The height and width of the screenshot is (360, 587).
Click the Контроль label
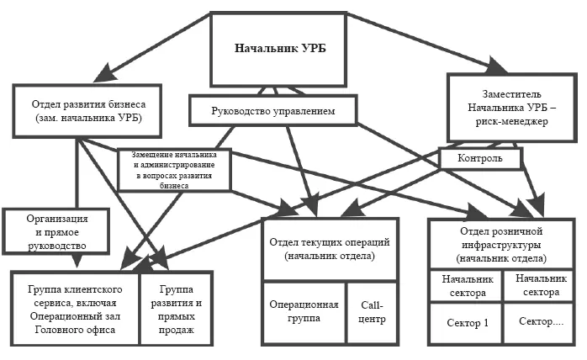pos(480,157)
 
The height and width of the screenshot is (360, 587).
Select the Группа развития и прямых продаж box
pos(177,308)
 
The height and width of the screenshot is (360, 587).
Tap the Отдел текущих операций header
pos(323,249)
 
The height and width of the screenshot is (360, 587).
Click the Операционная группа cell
pos(304,312)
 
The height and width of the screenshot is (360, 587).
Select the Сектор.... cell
pos(539,322)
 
